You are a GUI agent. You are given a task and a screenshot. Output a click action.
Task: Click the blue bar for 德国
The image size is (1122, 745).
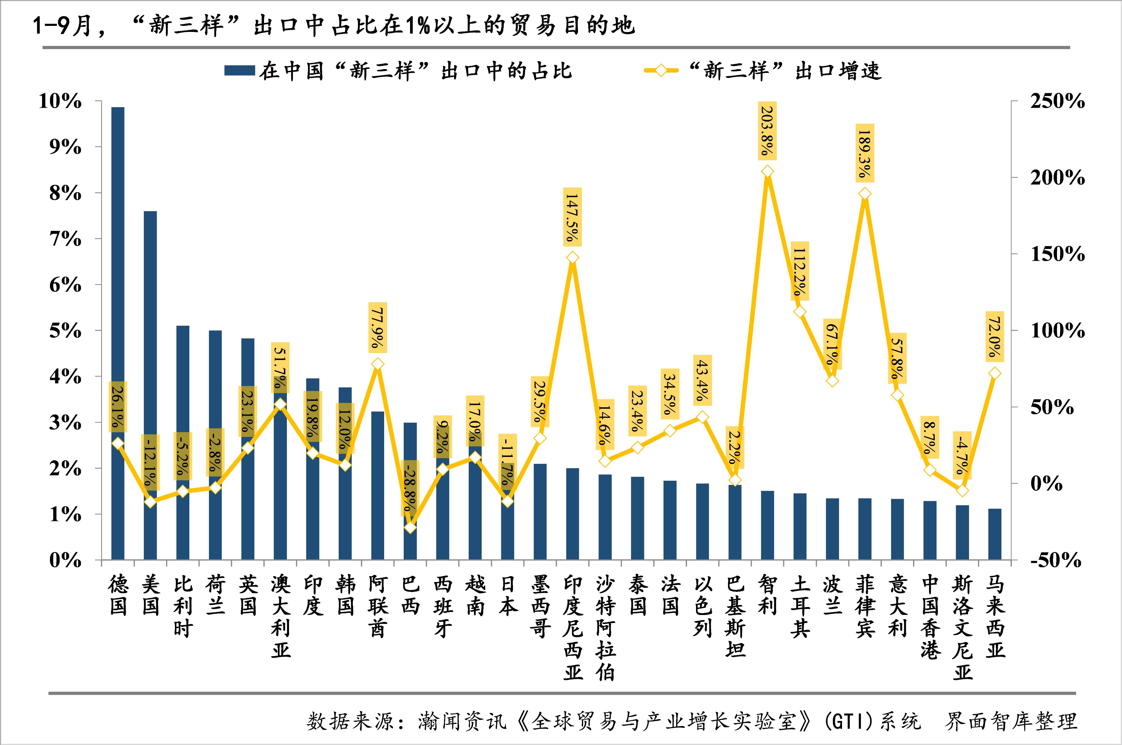point(117,333)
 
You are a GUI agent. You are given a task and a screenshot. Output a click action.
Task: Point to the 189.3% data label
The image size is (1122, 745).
point(865,153)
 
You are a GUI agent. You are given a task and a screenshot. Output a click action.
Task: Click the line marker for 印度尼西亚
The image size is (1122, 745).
point(573,258)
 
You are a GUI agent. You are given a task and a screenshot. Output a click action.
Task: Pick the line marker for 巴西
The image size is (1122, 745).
point(411,527)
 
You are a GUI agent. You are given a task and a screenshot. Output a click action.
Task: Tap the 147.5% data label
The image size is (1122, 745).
point(573,217)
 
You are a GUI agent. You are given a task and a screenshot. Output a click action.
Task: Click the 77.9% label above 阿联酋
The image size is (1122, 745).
point(378,327)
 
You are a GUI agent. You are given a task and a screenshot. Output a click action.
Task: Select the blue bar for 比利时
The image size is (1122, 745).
point(182,442)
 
